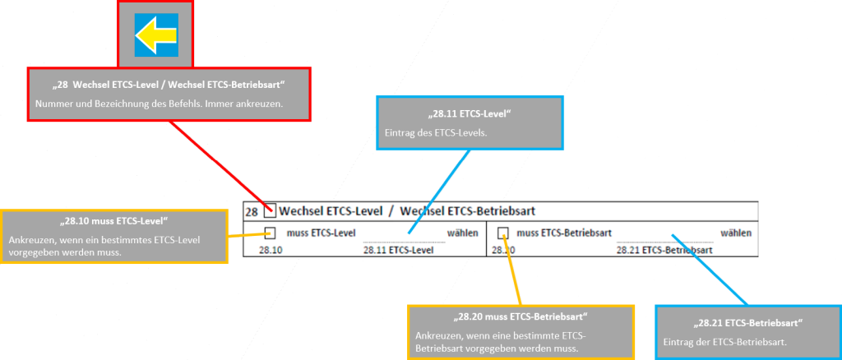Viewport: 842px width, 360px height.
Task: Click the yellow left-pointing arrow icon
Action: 155,35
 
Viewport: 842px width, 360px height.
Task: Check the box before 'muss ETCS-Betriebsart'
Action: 503,233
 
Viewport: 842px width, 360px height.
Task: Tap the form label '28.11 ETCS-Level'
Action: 398,249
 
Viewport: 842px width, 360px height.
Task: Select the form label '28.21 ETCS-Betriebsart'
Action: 664,249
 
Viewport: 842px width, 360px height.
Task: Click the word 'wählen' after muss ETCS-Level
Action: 463,233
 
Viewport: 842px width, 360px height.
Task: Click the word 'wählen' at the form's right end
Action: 737,233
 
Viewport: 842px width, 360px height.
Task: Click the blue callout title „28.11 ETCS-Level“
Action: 470,113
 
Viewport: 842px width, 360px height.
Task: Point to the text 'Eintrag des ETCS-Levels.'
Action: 430,132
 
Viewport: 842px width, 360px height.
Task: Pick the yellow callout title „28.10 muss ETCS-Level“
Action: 114,221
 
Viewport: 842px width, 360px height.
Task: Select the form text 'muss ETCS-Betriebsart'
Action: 564,233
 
